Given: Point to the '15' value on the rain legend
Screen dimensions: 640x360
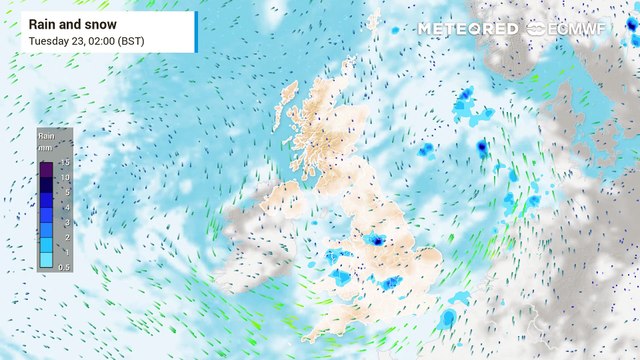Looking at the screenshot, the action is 64,162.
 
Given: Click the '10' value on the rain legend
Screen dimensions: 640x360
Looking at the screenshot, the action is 64,177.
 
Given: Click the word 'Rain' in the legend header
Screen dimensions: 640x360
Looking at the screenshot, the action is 46,134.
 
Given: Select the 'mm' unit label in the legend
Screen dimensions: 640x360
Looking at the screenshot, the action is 46,145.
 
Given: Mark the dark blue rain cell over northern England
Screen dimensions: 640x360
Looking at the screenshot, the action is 376,240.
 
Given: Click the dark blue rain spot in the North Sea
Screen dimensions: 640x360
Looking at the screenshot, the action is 482,147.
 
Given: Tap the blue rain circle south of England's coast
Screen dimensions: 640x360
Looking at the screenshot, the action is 447,319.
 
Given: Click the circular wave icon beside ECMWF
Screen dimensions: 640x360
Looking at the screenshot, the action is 536,28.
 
